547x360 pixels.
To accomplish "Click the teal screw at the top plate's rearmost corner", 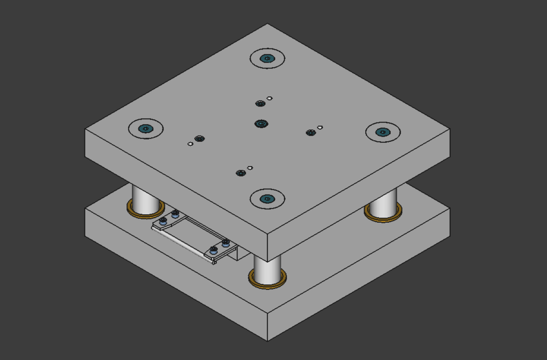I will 267,58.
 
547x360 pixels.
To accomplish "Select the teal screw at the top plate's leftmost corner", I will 146,128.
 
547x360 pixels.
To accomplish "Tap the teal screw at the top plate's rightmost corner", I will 383,132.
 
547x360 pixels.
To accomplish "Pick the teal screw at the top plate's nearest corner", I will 267,199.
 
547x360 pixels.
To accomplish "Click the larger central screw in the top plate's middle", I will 261,124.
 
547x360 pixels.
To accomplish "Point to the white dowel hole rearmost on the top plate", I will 270,99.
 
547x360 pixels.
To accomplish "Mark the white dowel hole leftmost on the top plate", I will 190,144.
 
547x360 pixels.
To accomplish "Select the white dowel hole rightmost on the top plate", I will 320,128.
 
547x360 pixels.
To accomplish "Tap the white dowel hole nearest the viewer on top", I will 250,168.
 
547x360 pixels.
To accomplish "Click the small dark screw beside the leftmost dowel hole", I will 199,138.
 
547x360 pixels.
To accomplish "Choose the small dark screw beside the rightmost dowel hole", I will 311,133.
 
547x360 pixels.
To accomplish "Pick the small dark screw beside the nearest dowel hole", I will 241,173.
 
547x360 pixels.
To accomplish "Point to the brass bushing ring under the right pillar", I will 383,217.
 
